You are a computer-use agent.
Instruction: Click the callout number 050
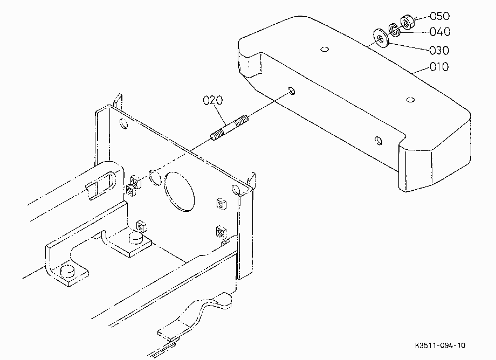[x=439, y=16]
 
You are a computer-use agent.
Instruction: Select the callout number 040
[x=440, y=32]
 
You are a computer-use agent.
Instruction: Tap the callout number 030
[x=439, y=50]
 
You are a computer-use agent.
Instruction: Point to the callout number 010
[x=439, y=67]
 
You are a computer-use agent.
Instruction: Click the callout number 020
[x=212, y=101]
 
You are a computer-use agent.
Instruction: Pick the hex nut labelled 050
[x=407, y=22]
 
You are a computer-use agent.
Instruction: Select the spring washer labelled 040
[x=394, y=30]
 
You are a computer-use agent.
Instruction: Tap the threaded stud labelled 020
[x=229, y=127]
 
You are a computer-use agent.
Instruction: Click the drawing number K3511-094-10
[x=440, y=345]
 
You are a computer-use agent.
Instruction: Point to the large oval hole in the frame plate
[x=179, y=192]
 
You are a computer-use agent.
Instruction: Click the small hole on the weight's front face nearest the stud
[x=292, y=91]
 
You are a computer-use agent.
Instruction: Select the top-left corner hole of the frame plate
[x=124, y=123]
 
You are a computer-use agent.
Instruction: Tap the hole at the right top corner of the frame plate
[x=236, y=190]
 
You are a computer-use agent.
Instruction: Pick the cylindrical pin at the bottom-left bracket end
[x=67, y=271]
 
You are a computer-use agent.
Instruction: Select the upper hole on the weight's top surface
[x=325, y=49]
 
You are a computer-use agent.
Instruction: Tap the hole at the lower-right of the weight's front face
[x=378, y=140]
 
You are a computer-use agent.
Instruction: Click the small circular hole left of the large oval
[x=155, y=177]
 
